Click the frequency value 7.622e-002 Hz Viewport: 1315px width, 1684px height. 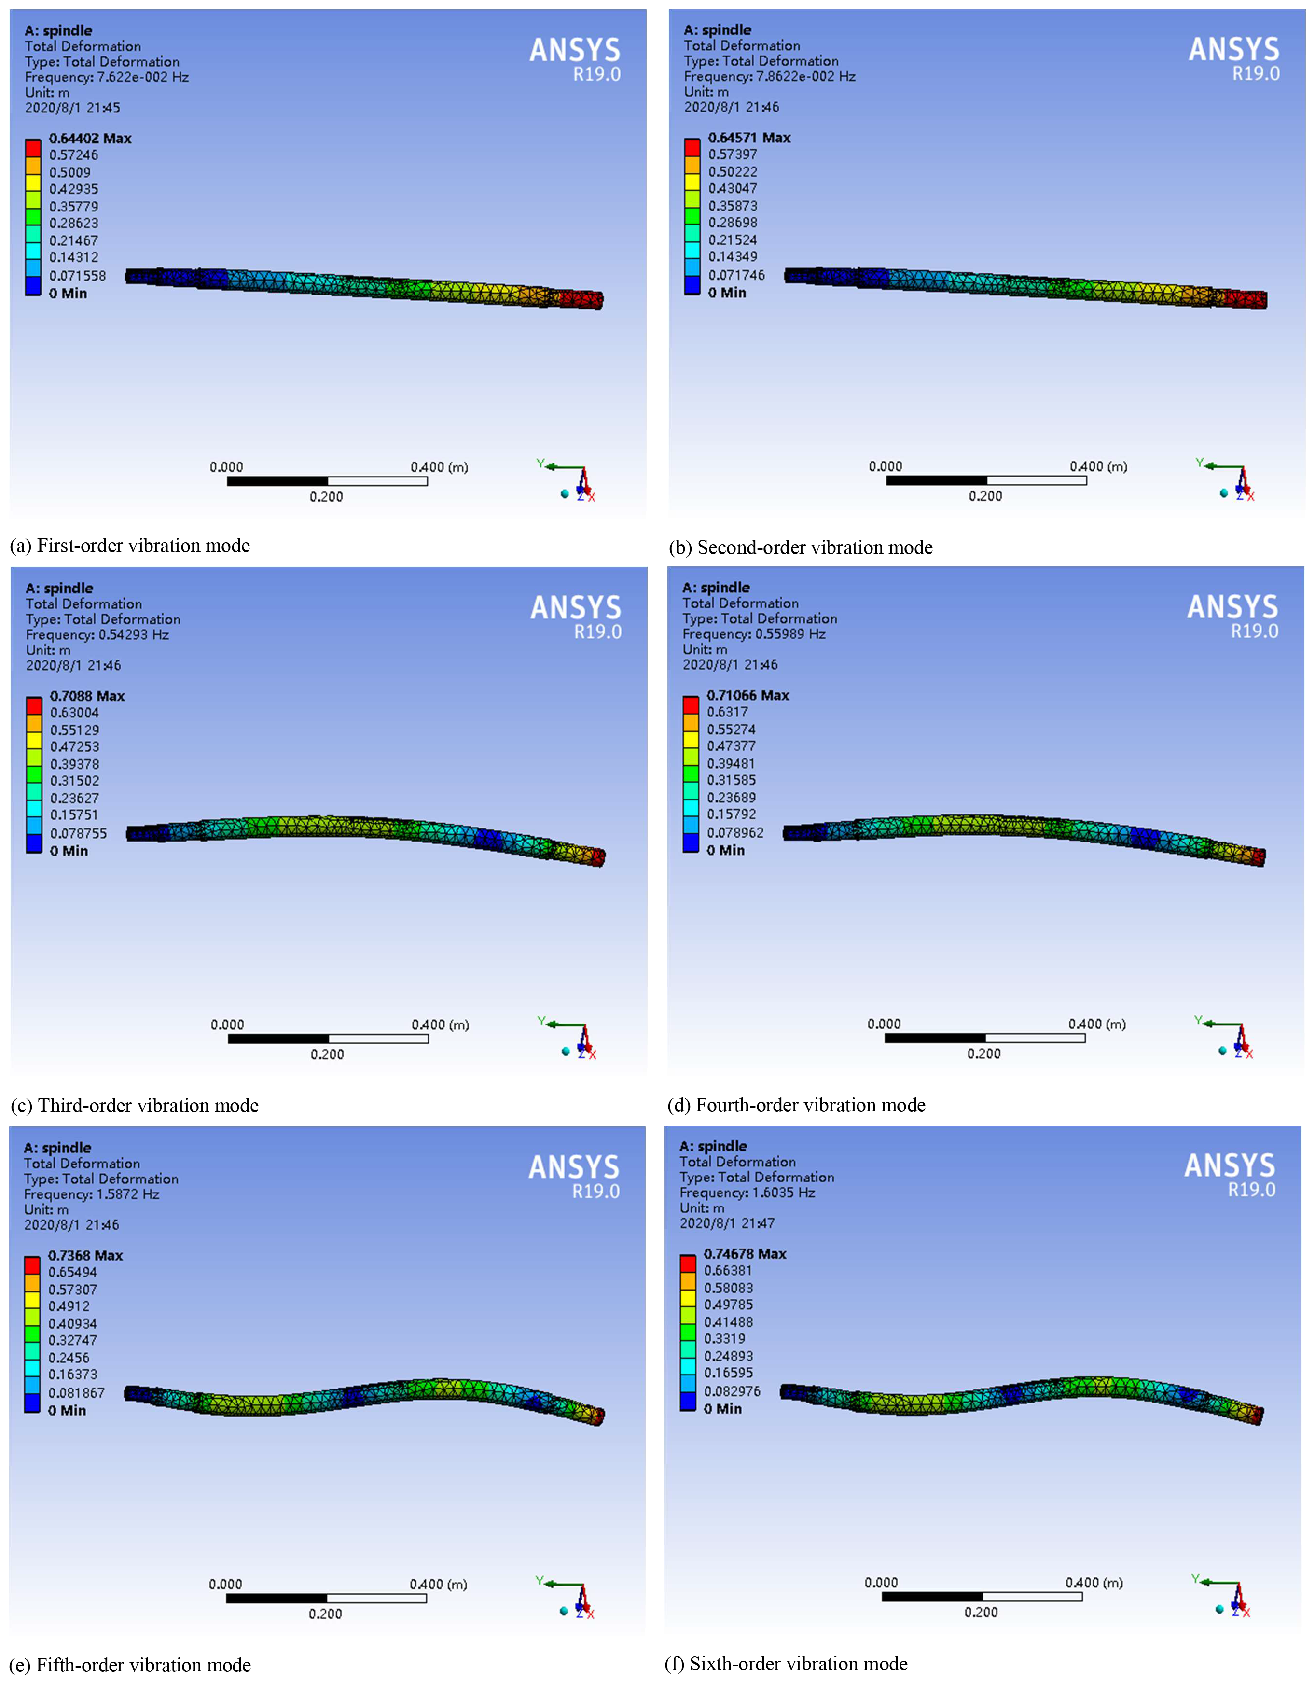(143, 77)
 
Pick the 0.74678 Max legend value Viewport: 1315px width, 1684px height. (745, 1254)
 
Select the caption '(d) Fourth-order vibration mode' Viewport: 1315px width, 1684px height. (796, 1105)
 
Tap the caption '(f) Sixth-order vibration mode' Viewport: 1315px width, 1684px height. (786, 1663)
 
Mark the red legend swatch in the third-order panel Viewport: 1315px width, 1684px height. (34, 705)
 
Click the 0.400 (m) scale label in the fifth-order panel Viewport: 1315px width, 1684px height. (438, 1585)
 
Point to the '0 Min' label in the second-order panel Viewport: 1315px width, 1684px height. (727, 293)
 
